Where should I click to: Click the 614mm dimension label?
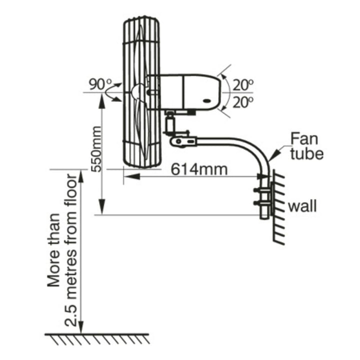[199, 169]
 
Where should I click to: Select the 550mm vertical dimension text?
[98, 148]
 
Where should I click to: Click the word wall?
[302, 205]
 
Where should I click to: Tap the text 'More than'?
[54, 250]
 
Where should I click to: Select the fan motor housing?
[190, 92]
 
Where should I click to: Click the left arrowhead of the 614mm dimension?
[127, 176]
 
